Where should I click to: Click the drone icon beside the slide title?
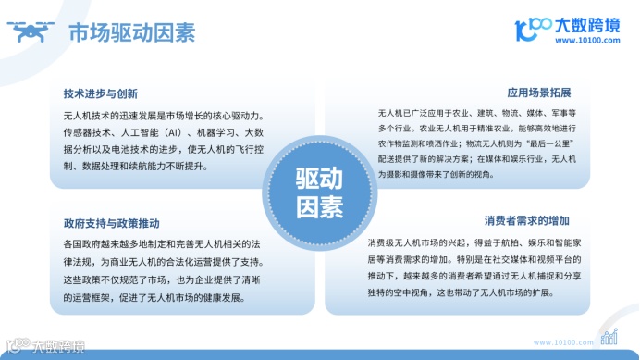coord(31,33)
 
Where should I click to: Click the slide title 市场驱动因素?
coord(131,34)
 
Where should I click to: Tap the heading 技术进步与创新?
coord(101,93)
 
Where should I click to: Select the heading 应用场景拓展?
coord(539,93)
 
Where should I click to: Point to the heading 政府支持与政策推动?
coord(112,224)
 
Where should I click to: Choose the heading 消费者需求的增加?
coord(527,222)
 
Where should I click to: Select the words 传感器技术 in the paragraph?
coord(86,132)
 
